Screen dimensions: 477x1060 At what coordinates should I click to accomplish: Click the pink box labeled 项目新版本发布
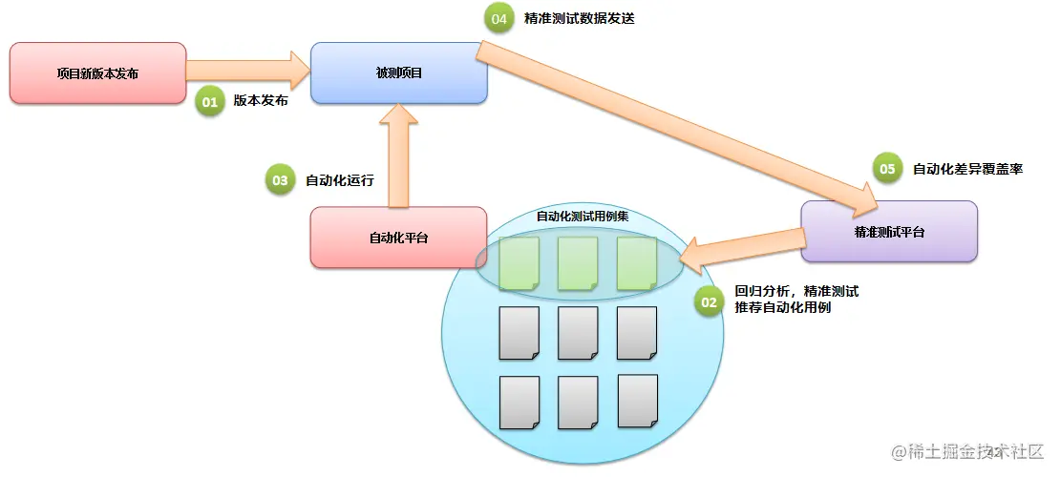tap(97, 73)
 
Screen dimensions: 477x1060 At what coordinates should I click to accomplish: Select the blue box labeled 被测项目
tap(399, 73)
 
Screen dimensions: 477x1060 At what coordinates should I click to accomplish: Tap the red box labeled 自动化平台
tap(399, 238)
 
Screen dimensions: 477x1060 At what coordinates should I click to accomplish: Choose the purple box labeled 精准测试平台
tap(888, 232)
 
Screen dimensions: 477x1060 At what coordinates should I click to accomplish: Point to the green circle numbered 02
tap(709, 302)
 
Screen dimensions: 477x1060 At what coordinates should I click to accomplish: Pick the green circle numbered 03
tap(280, 179)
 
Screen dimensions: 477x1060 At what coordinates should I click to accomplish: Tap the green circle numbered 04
tap(498, 18)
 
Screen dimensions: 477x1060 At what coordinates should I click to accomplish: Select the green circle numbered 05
tap(887, 169)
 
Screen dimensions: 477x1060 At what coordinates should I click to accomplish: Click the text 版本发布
tap(261, 100)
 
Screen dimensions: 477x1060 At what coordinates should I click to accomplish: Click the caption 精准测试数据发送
tap(580, 18)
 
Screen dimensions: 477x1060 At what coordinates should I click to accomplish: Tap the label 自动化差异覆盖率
tap(967, 169)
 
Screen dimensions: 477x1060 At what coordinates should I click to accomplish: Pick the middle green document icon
tap(577, 263)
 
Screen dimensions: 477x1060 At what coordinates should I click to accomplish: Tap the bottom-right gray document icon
tap(637, 401)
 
